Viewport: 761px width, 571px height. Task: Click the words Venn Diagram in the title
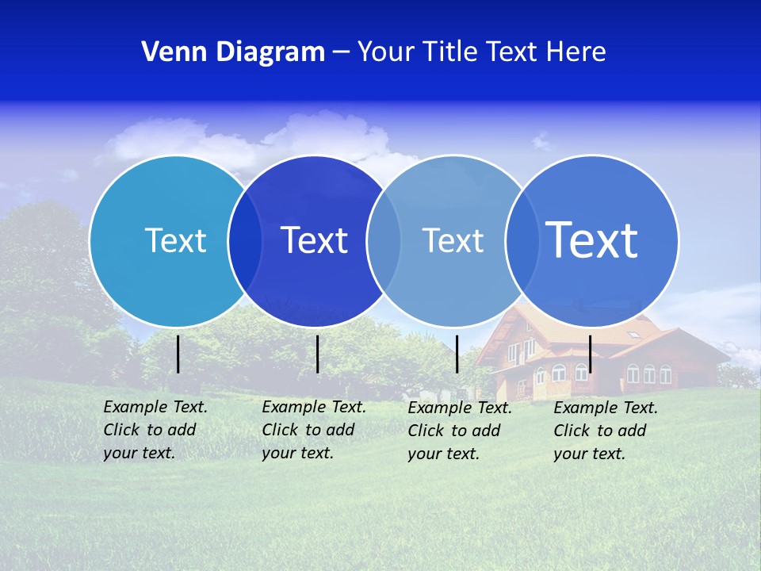click(233, 52)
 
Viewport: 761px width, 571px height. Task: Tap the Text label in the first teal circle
click(175, 240)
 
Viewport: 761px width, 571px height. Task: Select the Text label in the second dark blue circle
click(315, 240)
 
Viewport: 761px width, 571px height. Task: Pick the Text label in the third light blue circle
click(453, 240)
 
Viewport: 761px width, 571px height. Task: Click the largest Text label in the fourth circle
click(592, 240)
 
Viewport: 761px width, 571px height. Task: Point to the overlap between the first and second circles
click(245, 240)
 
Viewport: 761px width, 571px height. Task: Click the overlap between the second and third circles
click(383, 240)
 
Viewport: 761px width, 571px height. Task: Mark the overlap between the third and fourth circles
click(521, 240)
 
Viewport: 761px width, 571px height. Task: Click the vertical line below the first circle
click(178, 354)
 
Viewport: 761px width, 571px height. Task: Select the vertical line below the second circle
click(317, 354)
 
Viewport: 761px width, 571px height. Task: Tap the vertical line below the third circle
click(457, 354)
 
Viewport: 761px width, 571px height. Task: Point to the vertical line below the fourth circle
click(591, 354)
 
